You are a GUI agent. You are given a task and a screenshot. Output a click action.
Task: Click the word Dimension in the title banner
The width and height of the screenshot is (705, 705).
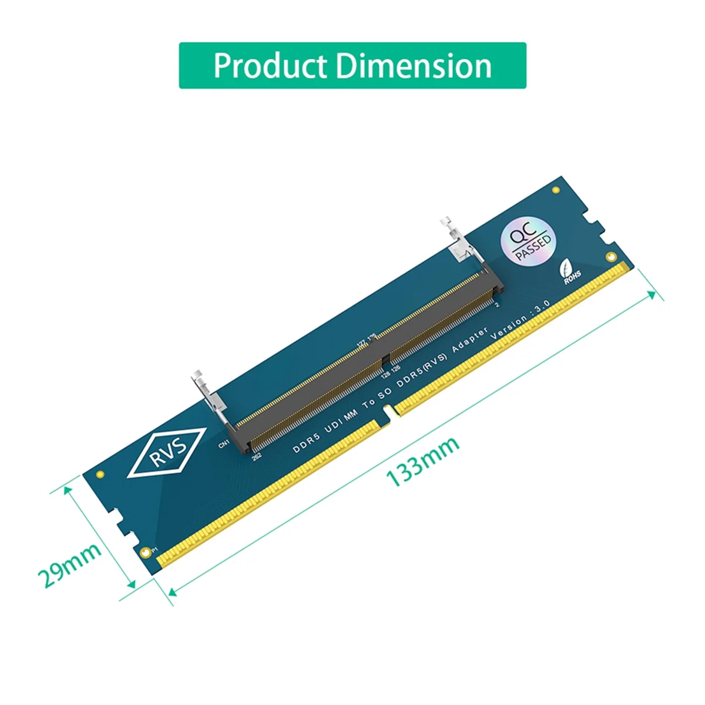pyautogui.click(x=414, y=66)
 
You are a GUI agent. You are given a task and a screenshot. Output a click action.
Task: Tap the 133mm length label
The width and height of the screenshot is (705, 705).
pyautogui.click(x=422, y=462)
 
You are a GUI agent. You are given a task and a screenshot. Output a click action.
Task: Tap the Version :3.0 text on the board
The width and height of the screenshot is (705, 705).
pyautogui.click(x=520, y=319)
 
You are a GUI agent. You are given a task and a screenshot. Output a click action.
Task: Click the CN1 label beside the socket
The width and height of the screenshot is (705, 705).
pyautogui.click(x=224, y=445)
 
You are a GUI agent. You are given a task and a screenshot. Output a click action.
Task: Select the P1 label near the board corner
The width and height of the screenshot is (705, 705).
pyautogui.click(x=155, y=550)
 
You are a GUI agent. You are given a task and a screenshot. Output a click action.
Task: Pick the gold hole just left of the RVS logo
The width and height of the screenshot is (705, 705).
pyautogui.click(x=100, y=474)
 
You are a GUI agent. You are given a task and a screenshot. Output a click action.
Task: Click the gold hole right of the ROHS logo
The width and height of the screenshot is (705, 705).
pyautogui.click(x=611, y=257)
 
